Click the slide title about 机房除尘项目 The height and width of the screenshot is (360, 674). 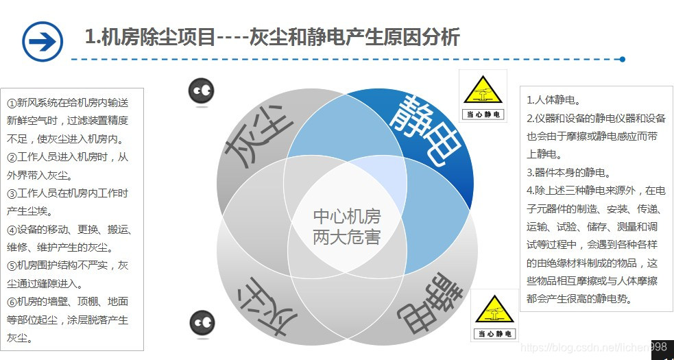point(272,36)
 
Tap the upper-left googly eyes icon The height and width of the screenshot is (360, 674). point(202,91)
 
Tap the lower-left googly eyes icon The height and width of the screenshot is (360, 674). point(202,322)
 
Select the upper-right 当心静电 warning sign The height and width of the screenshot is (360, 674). point(483,96)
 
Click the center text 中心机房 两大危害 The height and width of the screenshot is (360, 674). point(346,227)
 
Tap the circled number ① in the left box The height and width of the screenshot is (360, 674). point(12,103)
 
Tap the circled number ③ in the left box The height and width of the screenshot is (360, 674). point(12,193)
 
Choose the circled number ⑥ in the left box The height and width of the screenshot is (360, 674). point(12,302)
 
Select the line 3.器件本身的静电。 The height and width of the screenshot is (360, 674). point(568,172)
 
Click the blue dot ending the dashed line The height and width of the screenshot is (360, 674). point(622,60)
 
